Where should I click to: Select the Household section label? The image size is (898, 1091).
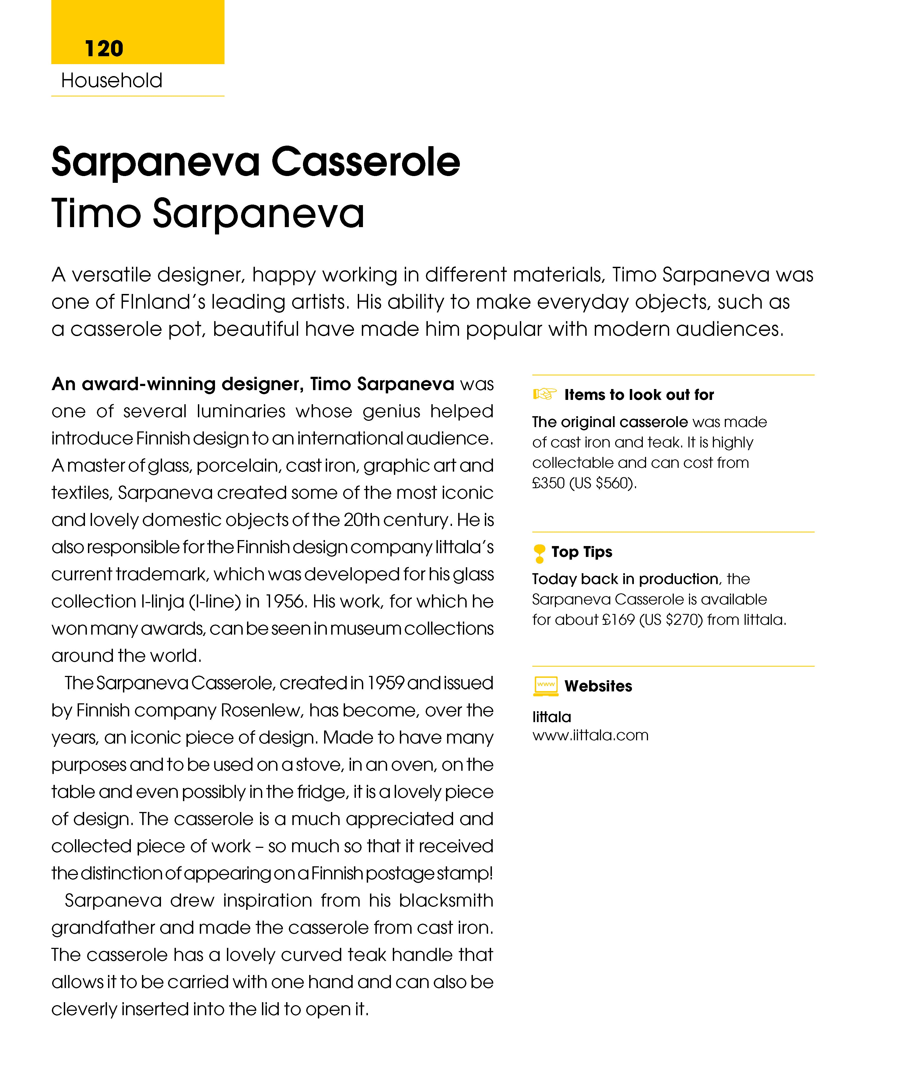[x=112, y=81]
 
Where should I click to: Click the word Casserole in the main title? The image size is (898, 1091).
[x=365, y=162]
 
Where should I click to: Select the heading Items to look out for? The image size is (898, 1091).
[x=639, y=395]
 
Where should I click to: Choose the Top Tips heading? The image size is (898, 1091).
[x=581, y=552]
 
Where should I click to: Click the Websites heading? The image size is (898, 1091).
[x=598, y=686]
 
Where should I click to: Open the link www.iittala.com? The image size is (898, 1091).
[x=590, y=735]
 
